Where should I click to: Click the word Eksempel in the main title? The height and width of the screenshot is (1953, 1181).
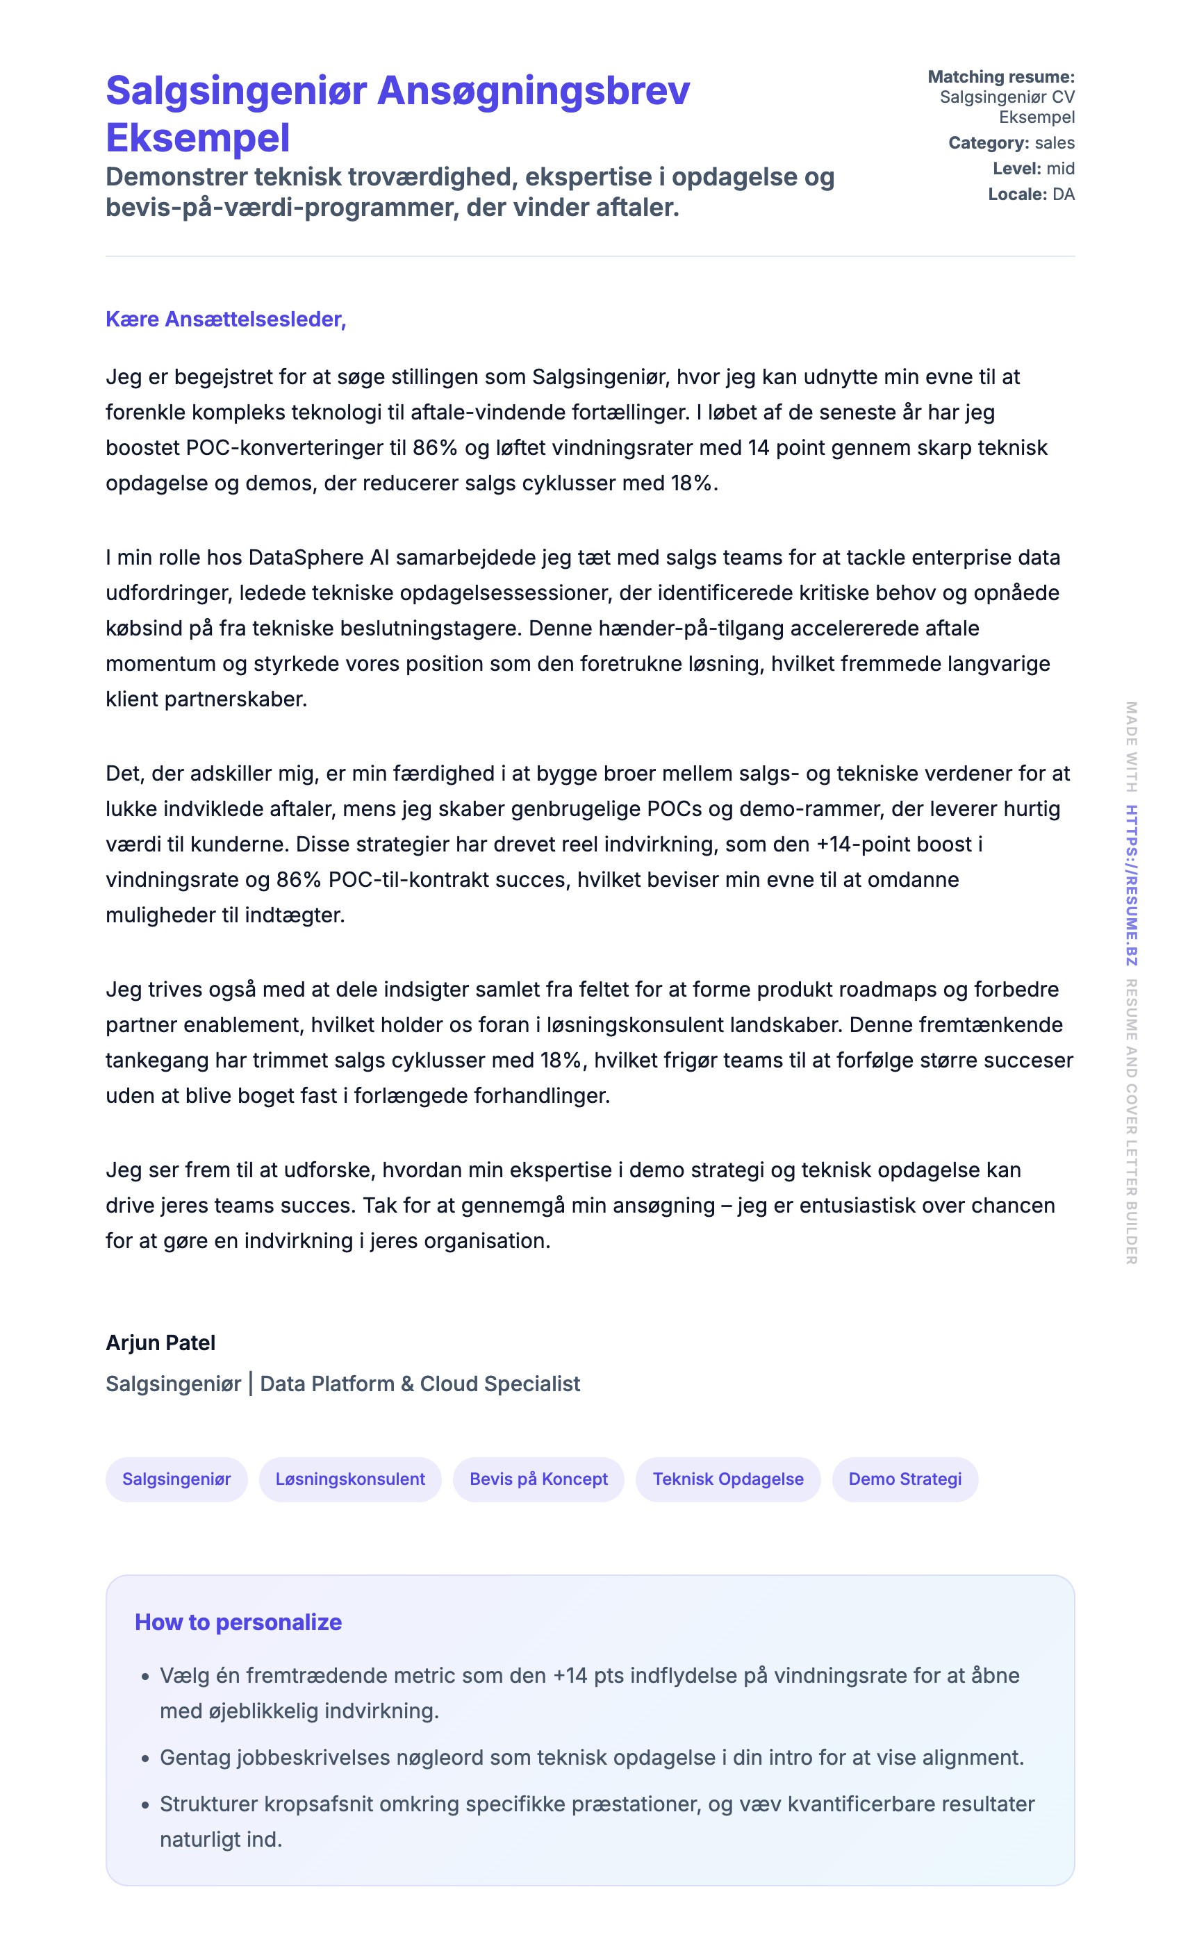click(x=197, y=138)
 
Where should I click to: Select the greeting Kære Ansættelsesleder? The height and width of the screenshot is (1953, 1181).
click(x=226, y=319)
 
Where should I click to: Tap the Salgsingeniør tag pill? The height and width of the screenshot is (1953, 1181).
click(x=176, y=1479)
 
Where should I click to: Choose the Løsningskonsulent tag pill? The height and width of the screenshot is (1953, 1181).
click(x=349, y=1479)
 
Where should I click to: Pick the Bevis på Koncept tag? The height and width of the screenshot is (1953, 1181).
click(x=538, y=1479)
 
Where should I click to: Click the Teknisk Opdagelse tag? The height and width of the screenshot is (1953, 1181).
click(x=727, y=1479)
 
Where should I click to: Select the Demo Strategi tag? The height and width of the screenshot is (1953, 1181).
click(x=905, y=1479)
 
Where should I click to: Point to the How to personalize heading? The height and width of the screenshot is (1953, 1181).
click(x=238, y=1622)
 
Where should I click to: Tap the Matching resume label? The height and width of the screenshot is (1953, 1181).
click(x=1001, y=77)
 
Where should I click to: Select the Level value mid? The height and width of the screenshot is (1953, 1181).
click(x=1061, y=169)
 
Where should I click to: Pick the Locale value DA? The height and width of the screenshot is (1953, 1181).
click(x=1063, y=194)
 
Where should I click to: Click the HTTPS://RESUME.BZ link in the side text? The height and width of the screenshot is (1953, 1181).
click(x=1132, y=886)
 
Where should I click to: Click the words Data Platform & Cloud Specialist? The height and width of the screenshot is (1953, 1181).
click(x=420, y=1384)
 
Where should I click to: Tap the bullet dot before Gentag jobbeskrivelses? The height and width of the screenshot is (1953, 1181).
click(x=145, y=1759)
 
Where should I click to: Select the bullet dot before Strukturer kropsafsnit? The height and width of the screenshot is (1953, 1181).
click(x=145, y=1806)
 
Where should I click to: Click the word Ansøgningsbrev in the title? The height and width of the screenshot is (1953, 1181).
click(x=534, y=90)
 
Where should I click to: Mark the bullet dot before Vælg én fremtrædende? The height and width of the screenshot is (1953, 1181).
click(x=145, y=1677)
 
